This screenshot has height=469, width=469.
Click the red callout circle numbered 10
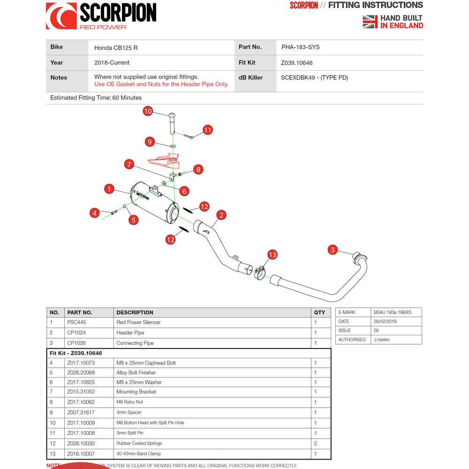coord(148,111)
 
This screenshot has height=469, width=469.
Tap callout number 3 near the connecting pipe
coord(333,250)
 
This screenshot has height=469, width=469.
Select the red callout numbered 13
coord(272,255)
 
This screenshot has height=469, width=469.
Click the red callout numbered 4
coord(95,213)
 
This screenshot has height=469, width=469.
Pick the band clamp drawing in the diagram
coord(261,272)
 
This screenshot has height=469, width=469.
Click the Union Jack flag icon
coord(370,22)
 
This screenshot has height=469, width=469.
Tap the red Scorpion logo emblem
coord(61,16)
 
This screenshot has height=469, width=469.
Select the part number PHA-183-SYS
coord(301,47)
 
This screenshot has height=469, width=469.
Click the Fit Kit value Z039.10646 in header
coord(297,63)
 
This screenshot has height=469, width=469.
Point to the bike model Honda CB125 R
coord(116,48)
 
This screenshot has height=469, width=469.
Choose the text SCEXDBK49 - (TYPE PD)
coord(315,78)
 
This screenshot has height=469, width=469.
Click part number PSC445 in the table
coord(76,322)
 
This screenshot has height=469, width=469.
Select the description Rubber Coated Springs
coord(139,443)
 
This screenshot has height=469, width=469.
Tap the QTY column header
coord(319,312)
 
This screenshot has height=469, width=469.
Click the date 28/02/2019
coord(386,321)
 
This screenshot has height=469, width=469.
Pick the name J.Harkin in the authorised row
coord(382,340)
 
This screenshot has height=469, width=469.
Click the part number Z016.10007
coord(81,454)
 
